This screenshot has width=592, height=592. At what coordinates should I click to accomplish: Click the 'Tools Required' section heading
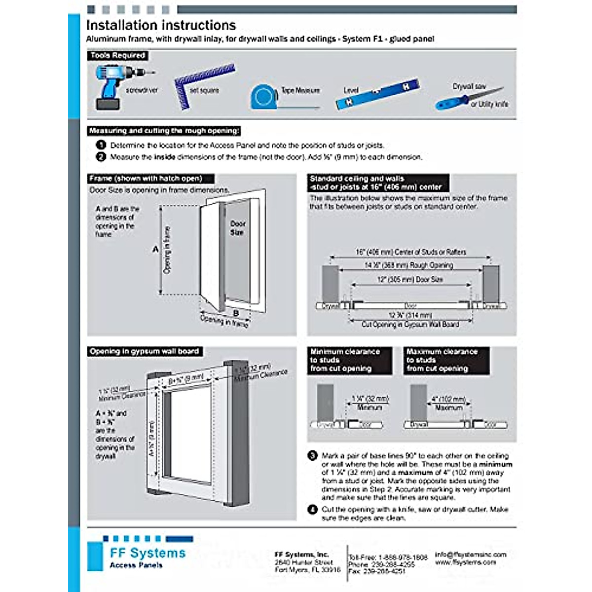118,56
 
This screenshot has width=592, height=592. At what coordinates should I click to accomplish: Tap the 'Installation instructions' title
161,25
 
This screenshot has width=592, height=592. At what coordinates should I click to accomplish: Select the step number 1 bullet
101,145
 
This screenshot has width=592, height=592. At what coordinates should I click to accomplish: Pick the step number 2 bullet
101,157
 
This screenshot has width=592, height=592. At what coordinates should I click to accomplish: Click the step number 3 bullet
312,455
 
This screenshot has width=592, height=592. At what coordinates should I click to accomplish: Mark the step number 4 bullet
312,509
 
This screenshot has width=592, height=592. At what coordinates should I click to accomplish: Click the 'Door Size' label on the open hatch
237,227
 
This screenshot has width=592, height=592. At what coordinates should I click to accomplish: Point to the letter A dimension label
155,250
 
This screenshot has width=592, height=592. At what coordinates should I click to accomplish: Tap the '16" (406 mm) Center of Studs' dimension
410,252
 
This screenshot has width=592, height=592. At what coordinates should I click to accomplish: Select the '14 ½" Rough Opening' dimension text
408,265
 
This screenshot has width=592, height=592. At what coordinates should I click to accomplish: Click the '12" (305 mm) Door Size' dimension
410,279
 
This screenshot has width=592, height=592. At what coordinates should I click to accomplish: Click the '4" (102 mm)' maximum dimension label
448,399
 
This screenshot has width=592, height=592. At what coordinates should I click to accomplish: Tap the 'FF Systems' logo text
148,553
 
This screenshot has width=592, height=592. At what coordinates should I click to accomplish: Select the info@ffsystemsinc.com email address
471,554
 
